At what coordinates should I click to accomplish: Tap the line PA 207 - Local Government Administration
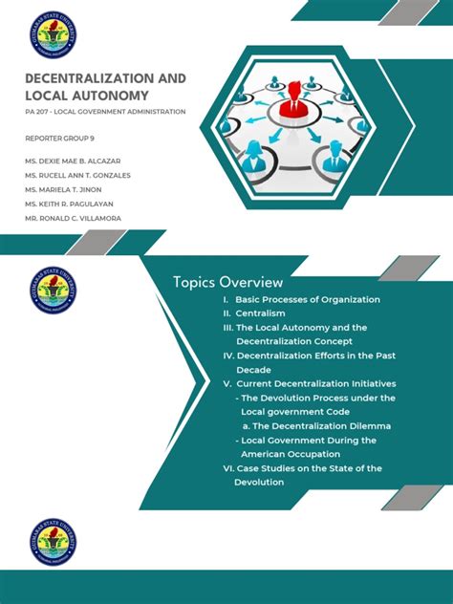[x=105, y=112]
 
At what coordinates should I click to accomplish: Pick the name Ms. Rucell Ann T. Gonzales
[x=78, y=176]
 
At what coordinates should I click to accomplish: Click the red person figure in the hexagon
[x=292, y=95]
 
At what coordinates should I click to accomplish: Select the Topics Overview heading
[x=227, y=282]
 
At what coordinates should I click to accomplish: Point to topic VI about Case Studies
[x=302, y=468]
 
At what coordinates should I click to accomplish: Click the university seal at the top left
[x=53, y=35]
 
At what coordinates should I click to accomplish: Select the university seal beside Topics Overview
[x=53, y=292]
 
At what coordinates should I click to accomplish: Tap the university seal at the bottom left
[x=53, y=543]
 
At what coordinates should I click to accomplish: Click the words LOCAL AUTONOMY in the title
[x=87, y=96]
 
